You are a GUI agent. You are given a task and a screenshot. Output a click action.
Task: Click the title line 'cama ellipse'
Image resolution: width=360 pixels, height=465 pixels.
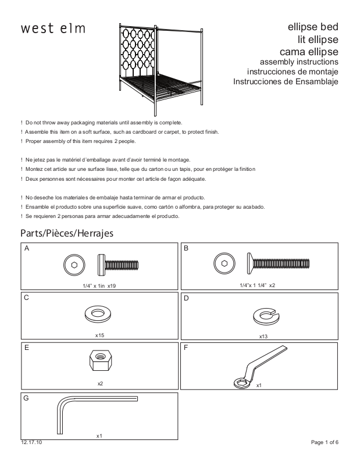[313, 51]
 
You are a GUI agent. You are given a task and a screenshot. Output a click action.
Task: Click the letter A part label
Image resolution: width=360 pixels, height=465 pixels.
[27, 248]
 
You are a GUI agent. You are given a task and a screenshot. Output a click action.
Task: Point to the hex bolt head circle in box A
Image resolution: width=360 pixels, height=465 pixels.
[74, 264]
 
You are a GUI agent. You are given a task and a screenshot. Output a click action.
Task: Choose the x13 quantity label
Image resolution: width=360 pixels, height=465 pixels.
[263, 337]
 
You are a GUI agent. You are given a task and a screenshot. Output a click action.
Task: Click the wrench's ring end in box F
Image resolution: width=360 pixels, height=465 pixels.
[240, 382]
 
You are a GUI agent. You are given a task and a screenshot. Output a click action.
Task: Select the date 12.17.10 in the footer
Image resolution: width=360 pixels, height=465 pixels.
[30, 443]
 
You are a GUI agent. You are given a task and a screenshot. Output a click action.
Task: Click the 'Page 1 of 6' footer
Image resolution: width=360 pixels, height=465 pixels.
[325, 443]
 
